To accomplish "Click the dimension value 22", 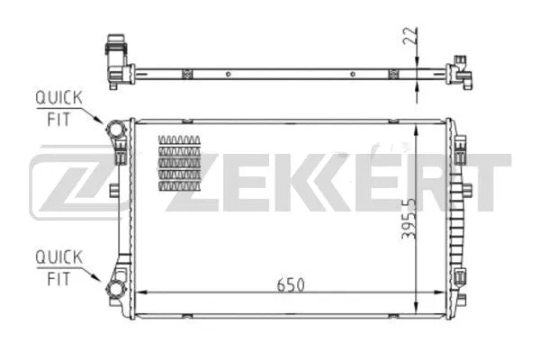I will pos(409,37).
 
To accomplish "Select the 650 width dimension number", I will pos(291,283).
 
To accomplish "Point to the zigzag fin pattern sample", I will pos(179,163).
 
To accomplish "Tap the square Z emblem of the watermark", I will pos(75,185).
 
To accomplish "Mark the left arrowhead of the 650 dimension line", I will pos(139,292).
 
